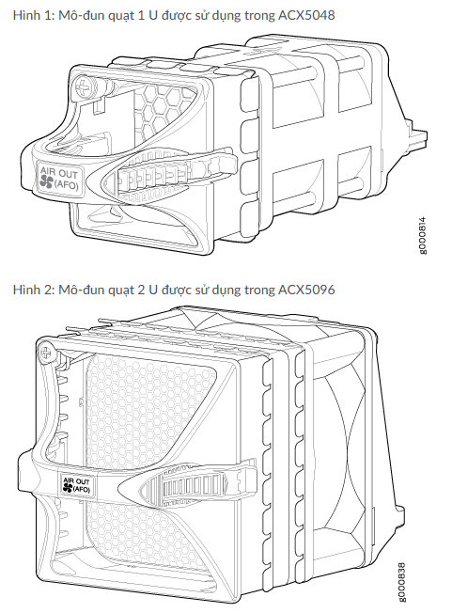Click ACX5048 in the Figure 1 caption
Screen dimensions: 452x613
click(306, 15)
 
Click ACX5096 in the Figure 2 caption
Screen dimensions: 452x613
click(306, 290)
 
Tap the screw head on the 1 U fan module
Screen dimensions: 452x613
click(84, 88)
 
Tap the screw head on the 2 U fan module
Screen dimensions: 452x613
click(46, 352)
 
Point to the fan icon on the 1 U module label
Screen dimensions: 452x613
click(46, 181)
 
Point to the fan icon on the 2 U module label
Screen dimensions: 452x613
click(67, 488)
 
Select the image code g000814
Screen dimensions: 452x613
click(423, 235)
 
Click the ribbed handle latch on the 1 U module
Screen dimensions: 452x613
click(169, 173)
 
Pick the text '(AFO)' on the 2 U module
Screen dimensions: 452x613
click(82, 490)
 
